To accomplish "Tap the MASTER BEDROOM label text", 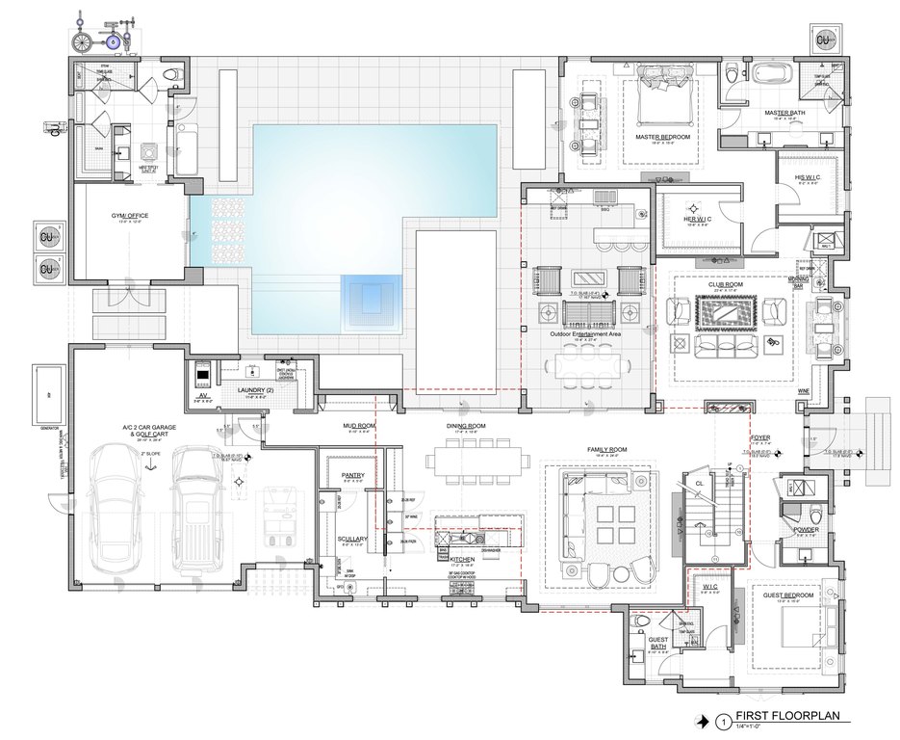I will [663, 137].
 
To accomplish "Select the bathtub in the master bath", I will [771, 73].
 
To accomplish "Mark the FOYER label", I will [760, 437].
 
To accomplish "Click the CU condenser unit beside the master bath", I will [824, 40].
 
